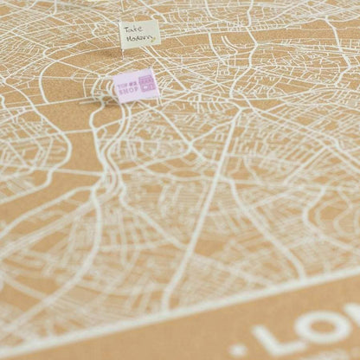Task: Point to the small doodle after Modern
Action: (154, 39)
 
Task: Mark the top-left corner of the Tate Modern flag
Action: (119, 22)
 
